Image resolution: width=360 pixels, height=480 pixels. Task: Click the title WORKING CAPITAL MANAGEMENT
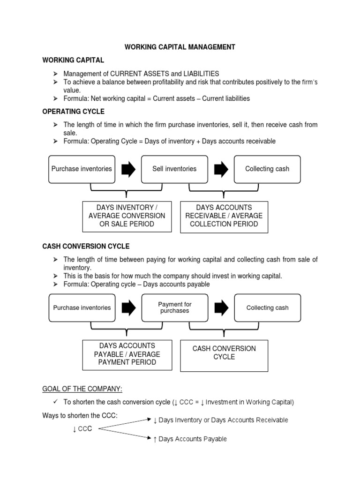coord(180,47)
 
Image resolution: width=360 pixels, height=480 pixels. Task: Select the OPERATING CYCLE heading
coord(73,112)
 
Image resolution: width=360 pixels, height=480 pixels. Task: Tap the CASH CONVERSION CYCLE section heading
coord(86,246)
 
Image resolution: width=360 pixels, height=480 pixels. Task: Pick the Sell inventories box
coord(174,169)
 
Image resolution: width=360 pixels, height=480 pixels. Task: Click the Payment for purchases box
coord(174,307)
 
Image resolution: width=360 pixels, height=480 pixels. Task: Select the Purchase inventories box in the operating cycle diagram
coord(82,169)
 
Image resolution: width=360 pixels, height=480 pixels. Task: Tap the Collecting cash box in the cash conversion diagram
coord(267,307)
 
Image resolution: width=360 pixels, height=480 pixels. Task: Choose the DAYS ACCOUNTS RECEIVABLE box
coord(224,216)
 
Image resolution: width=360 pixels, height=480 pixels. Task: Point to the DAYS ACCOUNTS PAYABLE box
coord(127,354)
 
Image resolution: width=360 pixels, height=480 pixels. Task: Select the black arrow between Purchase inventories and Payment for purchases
coord(128,308)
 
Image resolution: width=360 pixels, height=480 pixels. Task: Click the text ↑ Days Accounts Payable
coord(190,439)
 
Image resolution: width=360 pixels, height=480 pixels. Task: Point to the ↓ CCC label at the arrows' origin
coord(82,429)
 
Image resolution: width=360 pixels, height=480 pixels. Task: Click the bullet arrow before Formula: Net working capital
coord(55,98)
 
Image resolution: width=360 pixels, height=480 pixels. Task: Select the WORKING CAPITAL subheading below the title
coord(73,60)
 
